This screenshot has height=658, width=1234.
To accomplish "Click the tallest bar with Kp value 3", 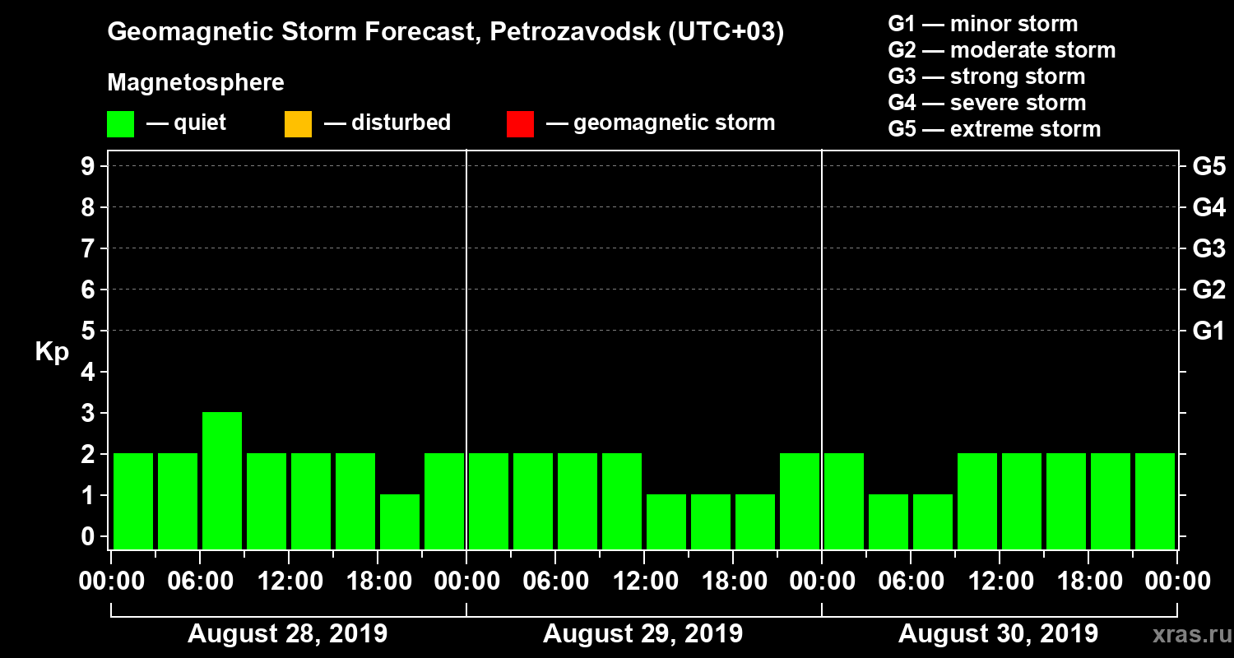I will pos(222,480).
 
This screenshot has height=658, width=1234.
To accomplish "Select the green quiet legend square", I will pos(120,124).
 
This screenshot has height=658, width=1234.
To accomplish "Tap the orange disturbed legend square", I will pos(298,124).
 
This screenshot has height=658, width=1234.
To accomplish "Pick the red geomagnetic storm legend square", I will pos(520,124).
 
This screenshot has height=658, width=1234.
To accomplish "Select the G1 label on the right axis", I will pos(1208,331).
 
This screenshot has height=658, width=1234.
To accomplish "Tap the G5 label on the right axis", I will pos(1208,166).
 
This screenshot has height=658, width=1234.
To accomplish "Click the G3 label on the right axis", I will pos(1208,248).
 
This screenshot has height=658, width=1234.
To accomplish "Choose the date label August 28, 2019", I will pos(288,633).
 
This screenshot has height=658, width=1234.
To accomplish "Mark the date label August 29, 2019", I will pos(643,633).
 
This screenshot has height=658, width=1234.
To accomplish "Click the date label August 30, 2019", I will pos(998,633).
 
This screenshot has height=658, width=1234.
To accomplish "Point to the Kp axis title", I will pos(52,352).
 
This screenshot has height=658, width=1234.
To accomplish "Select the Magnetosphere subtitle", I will pos(196,83).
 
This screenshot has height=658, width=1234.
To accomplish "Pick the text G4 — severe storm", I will pos(987,103).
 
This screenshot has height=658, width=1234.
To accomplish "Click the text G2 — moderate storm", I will pos(1002,50).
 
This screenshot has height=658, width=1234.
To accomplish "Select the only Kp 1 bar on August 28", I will pos(400,521).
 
